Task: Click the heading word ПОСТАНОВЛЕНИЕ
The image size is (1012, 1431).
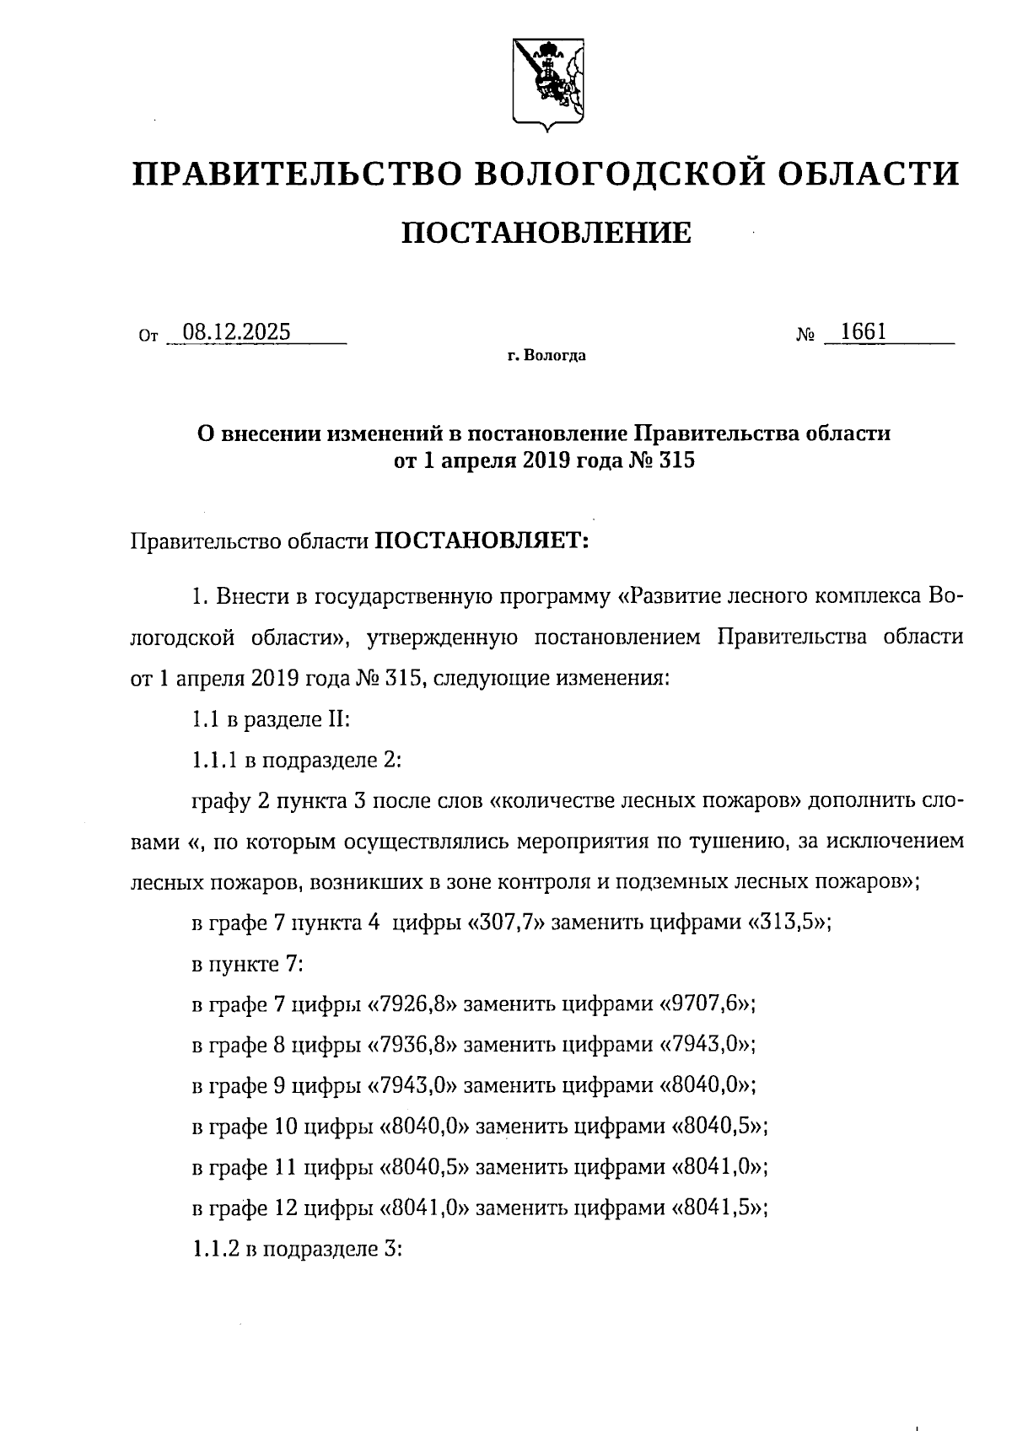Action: [x=546, y=232]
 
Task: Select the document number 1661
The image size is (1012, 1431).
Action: [x=863, y=331]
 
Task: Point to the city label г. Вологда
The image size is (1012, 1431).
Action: [x=546, y=356]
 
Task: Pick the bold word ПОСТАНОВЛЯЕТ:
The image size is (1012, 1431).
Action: [x=480, y=540]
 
